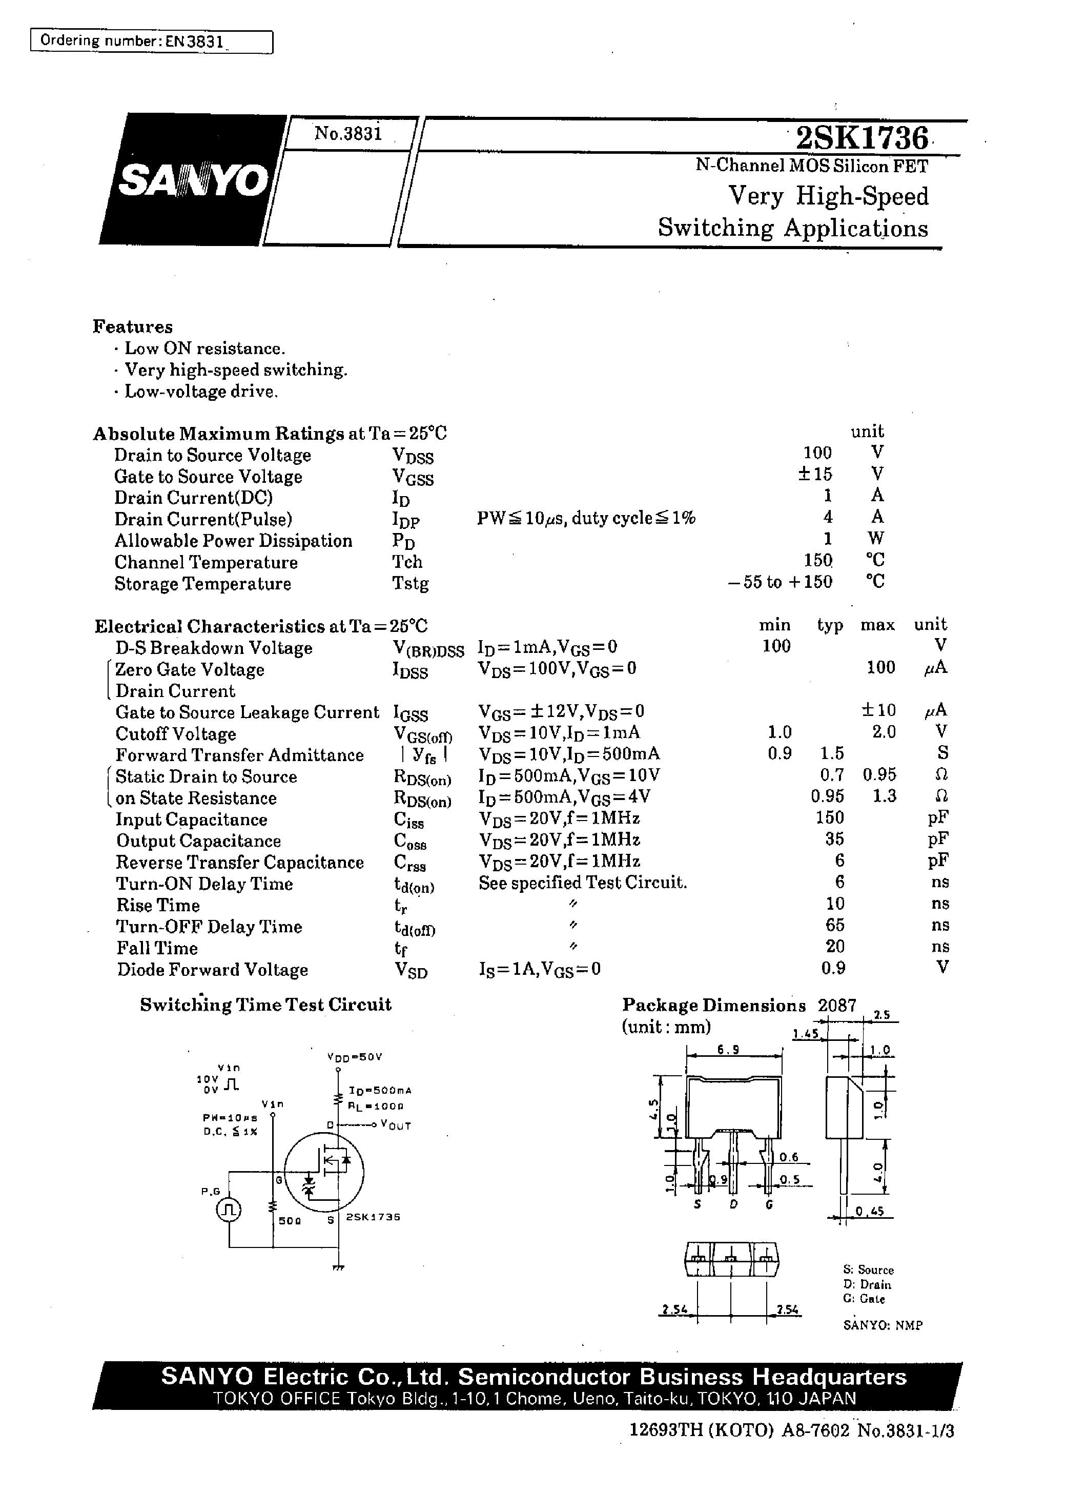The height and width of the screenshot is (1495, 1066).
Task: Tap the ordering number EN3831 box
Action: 152,42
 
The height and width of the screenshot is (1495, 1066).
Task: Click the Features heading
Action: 133,327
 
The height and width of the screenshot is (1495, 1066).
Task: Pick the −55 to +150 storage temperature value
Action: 780,582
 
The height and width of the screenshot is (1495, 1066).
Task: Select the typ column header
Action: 830,625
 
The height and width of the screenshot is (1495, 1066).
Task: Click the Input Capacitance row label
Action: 191,820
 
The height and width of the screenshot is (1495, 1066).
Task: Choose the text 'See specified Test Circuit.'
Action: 583,883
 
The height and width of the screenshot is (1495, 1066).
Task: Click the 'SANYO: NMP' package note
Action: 882,1325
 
